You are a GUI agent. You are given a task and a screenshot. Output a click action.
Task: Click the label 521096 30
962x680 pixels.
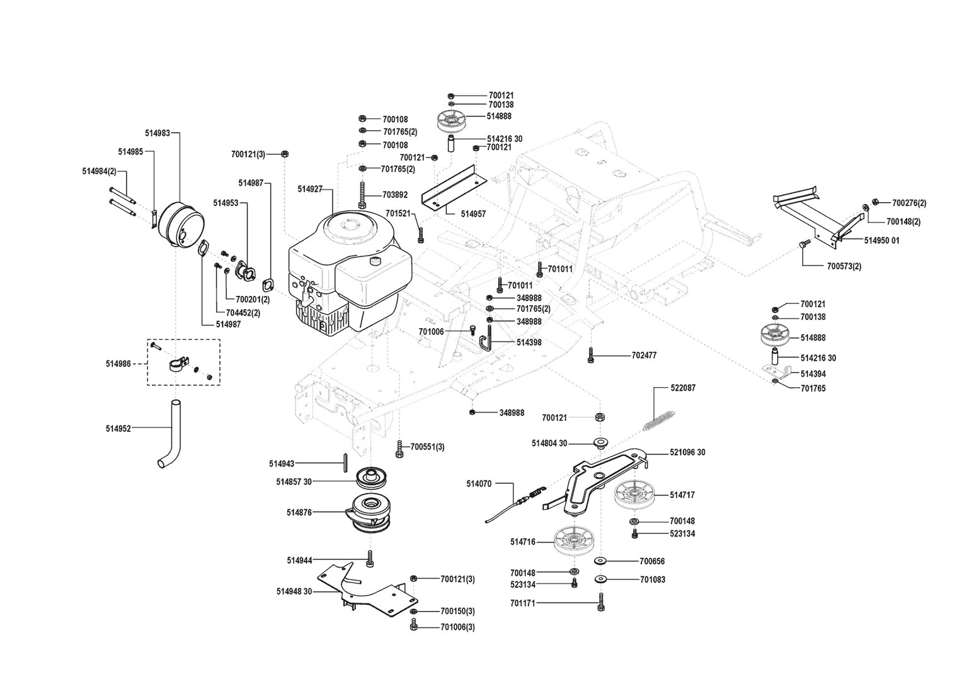click(x=687, y=453)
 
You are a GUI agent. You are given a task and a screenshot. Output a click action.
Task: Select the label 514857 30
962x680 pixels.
click(x=294, y=482)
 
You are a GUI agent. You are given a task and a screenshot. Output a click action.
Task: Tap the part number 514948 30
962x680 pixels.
click(x=294, y=591)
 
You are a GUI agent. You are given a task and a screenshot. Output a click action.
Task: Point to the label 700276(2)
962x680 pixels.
click(x=909, y=203)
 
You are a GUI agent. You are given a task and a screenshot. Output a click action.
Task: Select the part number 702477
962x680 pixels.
click(x=644, y=356)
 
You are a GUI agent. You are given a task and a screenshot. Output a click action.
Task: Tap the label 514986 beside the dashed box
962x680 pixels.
click(x=118, y=364)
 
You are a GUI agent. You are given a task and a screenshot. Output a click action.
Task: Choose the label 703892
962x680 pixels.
click(x=395, y=195)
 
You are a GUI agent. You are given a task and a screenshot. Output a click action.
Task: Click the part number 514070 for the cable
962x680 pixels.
click(x=479, y=484)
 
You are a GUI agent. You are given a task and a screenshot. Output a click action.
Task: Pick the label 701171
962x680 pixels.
click(x=523, y=603)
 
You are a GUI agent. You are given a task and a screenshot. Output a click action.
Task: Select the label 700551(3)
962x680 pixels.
click(x=427, y=446)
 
